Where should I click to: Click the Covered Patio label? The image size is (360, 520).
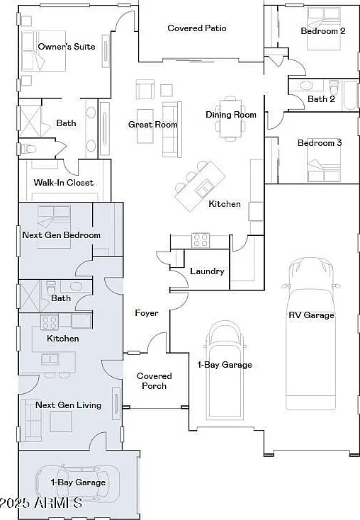(x=197, y=28)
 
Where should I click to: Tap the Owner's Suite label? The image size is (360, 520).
(x=67, y=47)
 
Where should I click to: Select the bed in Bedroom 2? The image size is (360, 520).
(x=324, y=28)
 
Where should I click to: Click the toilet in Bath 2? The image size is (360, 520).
(x=334, y=88)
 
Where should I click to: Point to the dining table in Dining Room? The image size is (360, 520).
(x=231, y=118)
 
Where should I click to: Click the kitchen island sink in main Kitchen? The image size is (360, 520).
(x=203, y=188)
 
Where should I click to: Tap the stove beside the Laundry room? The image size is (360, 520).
(x=201, y=240)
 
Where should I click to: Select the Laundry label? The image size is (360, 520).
(x=207, y=271)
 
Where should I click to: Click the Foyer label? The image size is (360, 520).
(x=146, y=313)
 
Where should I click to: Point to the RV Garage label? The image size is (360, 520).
(x=311, y=315)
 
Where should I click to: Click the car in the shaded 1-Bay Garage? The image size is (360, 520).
(x=77, y=483)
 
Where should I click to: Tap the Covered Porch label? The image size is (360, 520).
(x=154, y=380)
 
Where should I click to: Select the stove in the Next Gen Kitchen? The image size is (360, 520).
(x=50, y=322)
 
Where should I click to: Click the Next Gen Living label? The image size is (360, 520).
(x=68, y=405)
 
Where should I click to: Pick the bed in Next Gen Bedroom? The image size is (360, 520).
(x=54, y=227)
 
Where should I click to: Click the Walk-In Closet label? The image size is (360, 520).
(x=63, y=182)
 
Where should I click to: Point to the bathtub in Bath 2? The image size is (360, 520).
(x=350, y=95)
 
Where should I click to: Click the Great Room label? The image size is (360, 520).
(x=152, y=125)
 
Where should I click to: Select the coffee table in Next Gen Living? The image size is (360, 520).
(x=61, y=422)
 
